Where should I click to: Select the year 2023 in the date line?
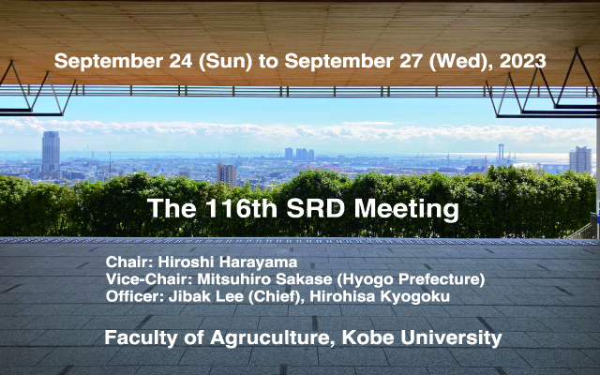point(522,61)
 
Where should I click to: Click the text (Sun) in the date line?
point(225,62)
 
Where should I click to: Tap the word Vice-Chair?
point(149,279)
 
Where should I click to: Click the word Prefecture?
point(442,279)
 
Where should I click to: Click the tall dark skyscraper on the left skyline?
point(51,152)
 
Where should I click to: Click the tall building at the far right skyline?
point(580,159)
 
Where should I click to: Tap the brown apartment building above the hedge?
point(227,174)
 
